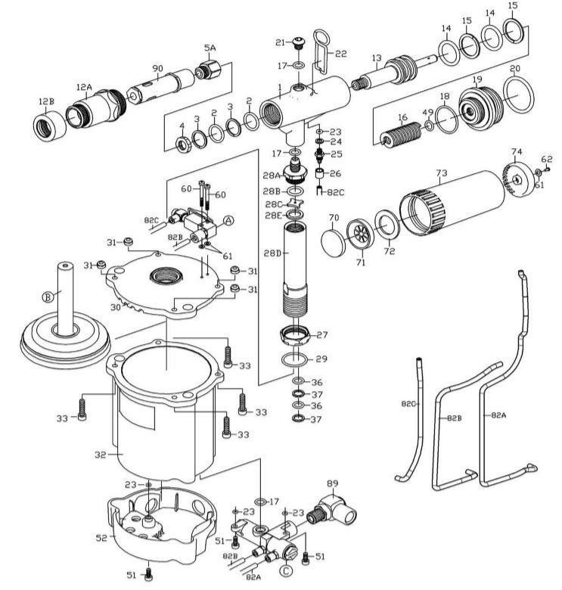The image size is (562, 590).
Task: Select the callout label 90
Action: coord(157,69)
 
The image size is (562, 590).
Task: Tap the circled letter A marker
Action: coord(228,220)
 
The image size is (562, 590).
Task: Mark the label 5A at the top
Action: coord(210,48)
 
